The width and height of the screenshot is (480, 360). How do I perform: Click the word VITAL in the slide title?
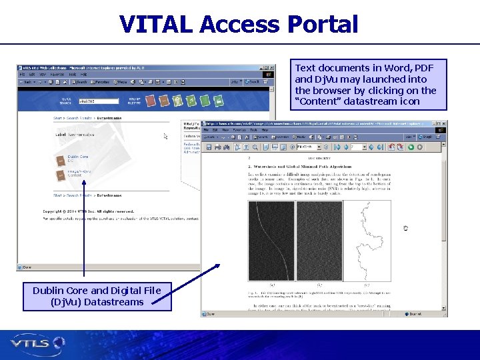pyautogui.click(x=157, y=25)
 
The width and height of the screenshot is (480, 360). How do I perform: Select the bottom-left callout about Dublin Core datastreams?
pyautogui.click(x=97, y=296)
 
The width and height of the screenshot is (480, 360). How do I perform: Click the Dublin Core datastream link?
pyautogui.click(x=77, y=157)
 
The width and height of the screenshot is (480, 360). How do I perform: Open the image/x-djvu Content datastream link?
pyautogui.click(x=79, y=174)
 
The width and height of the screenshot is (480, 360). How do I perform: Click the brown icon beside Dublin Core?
pyautogui.click(x=60, y=158)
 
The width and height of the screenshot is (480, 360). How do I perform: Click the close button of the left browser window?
pyautogui.click(x=271, y=67)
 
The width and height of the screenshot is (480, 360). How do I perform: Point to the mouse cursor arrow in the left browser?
pyautogui.click(x=166, y=137)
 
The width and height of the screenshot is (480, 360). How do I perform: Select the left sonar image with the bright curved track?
pyautogui.click(x=271, y=241)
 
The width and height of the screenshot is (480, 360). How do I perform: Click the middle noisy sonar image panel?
pyautogui.click(x=319, y=241)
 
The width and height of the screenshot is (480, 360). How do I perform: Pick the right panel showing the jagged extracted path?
pyautogui.click(x=366, y=241)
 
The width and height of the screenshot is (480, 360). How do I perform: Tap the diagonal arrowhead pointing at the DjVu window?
pyautogui.click(x=216, y=267)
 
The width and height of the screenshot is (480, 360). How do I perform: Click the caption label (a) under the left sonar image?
pyautogui.click(x=271, y=285)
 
